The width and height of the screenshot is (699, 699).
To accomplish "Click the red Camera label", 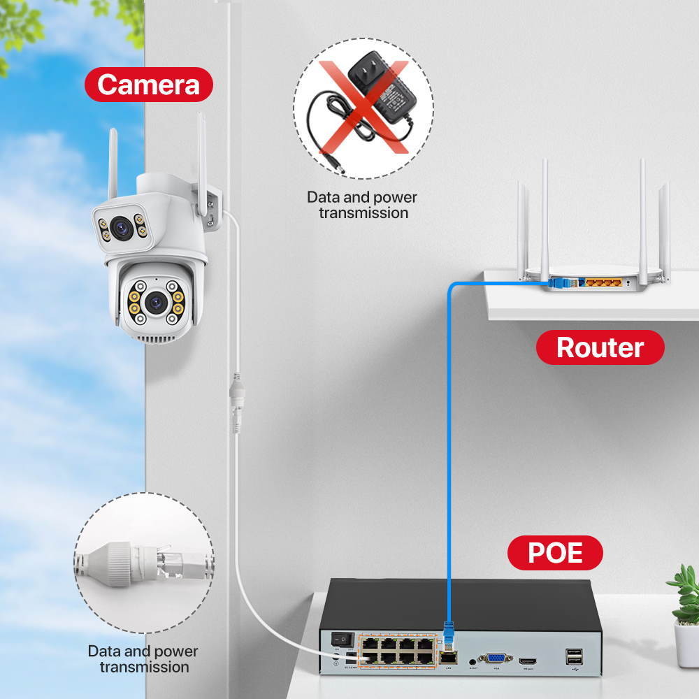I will tap(148, 85).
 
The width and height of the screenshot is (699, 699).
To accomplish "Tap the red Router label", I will tap(600, 347).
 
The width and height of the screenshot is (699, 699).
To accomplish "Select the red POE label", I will tap(555, 553).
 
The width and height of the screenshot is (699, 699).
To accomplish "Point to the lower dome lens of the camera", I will tap(155, 303).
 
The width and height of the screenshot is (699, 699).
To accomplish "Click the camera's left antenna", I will tap(113, 165).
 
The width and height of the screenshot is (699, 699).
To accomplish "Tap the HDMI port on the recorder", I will tap(528, 659).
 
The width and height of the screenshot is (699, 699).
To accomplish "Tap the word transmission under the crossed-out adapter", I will tap(363, 212).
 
